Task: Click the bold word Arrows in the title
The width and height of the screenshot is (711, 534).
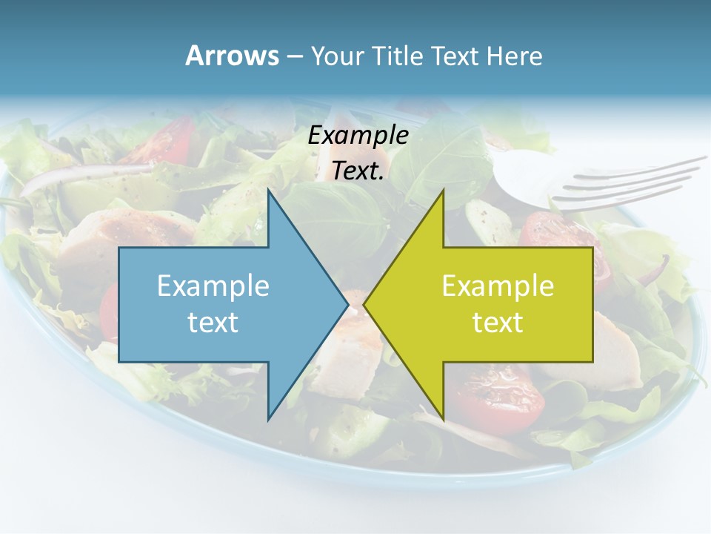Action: point(233,56)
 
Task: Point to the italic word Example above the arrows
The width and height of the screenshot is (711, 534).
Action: point(358,135)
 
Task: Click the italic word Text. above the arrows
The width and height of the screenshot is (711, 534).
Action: point(358,171)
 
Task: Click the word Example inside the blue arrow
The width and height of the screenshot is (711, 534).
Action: point(213,286)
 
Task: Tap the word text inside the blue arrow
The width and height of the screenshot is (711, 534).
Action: point(213,323)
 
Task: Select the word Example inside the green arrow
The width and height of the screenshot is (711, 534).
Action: point(498,286)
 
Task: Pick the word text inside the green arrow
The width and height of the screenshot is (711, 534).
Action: point(498,323)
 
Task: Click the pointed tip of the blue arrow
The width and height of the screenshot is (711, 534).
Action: point(347,304)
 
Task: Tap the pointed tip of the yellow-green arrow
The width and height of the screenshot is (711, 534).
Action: point(364,304)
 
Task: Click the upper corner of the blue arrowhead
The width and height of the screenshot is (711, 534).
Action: point(268,190)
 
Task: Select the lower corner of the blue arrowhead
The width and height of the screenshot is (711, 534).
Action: point(268,419)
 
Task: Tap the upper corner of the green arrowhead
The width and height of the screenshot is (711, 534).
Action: point(443,190)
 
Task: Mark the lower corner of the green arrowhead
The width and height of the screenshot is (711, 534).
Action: point(443,419)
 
